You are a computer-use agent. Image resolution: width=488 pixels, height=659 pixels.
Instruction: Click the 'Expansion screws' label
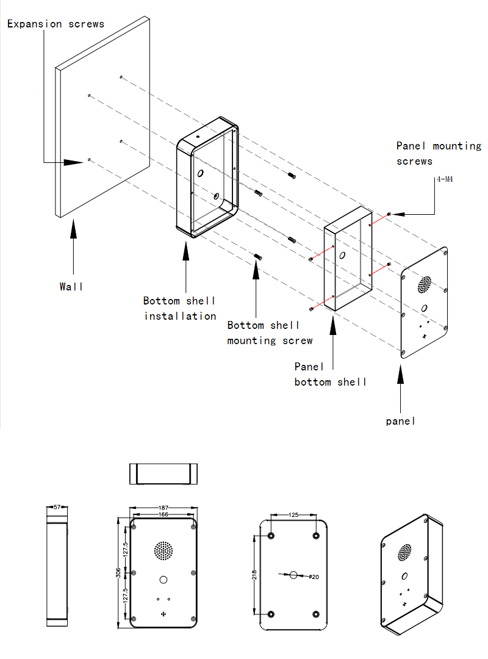pyautogui.click(x=56, y=24)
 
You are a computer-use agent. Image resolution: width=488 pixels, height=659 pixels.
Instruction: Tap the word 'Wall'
pyautogui.click(x=71, y=286)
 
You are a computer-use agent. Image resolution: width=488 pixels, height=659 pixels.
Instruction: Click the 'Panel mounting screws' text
pyautogui.click(x=438, y=154)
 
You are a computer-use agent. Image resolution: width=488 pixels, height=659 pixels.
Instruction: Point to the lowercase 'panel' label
pyautogui.click(x=400, y=421)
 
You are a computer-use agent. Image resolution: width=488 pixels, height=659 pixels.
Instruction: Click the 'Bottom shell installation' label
pyautogui.click(x=180, y=308)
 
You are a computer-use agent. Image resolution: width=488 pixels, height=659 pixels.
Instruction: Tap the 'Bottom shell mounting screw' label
pyautogui.click(x=270, y=333)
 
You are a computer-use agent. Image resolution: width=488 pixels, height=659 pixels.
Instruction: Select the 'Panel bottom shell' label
pyautogui.click(x=331, y=374)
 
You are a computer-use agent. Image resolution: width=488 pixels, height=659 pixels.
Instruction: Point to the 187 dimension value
pyautogui.click(x=163, y=508)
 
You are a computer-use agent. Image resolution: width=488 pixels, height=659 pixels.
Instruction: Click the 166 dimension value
pyautogui.click(x=163, y=515)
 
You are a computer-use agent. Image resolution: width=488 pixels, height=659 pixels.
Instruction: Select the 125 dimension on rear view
pyautogui.click(x=293, y=515)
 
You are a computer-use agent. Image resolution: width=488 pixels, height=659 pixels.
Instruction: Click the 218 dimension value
pyautogui.click(x=254, y=574)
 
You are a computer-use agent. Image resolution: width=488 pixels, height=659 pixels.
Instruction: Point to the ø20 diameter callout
pyautogui.click(x=314, y=577)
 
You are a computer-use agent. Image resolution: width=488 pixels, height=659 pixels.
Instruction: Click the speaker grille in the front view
pyautogui.click(x=163, y=550)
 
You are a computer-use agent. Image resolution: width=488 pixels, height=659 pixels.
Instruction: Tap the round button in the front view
pyautogui.click(x=163, y=579)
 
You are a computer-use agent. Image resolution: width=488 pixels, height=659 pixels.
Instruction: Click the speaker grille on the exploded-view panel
pyautogui.click(x=425, y=284)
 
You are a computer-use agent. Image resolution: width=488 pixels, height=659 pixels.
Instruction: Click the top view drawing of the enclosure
pyautogui.click(x=163, y=474)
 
